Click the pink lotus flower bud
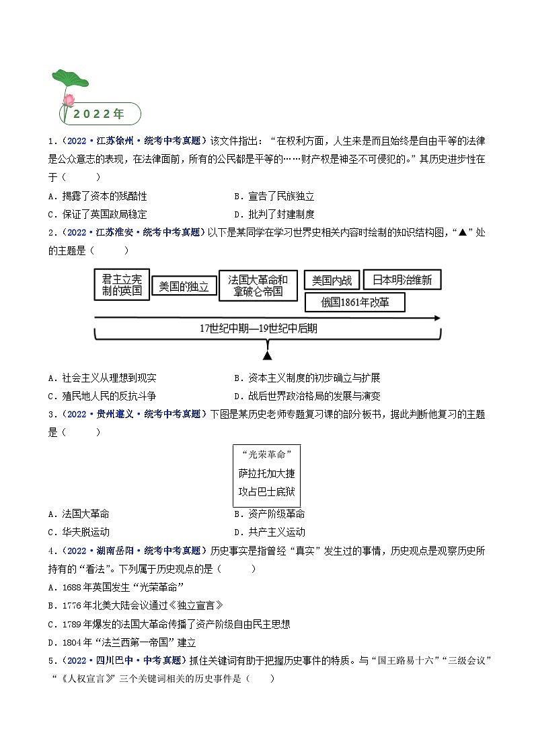[68, 100]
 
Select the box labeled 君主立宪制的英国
[122, 285]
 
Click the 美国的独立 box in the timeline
[184, 287]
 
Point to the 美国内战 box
[331, 280]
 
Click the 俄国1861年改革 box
[355, 302]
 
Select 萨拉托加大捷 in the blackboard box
[266, 473]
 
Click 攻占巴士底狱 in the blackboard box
[266, 491]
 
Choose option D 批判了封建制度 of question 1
[274, 214]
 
